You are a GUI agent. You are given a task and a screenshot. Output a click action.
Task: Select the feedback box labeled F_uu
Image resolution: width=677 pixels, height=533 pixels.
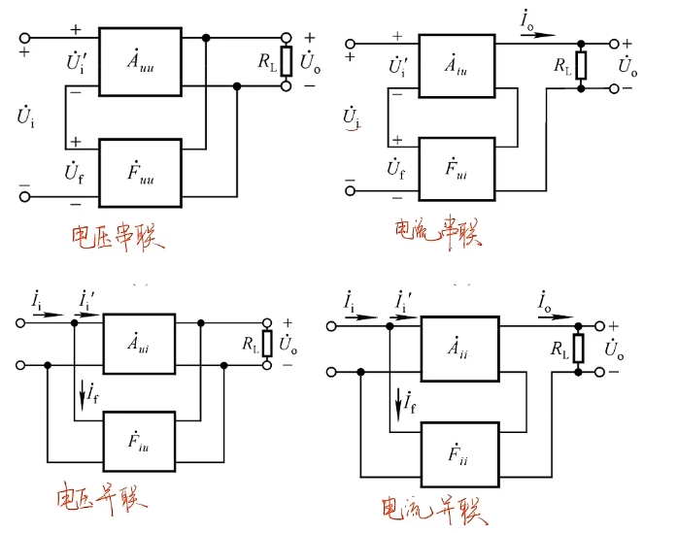[140, 172]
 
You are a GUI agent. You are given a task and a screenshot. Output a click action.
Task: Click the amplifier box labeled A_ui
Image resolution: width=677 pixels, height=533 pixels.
[139, 341]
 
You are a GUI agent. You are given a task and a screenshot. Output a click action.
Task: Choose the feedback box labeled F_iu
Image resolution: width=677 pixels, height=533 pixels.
[139, 443]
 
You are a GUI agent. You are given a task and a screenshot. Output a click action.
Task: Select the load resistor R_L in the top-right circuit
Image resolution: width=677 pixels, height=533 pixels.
[581, 65]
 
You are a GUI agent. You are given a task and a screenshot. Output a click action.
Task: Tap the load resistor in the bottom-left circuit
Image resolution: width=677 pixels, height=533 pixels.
[268, 344]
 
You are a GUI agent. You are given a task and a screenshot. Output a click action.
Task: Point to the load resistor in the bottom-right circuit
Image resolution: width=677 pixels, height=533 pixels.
[581, 350]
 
